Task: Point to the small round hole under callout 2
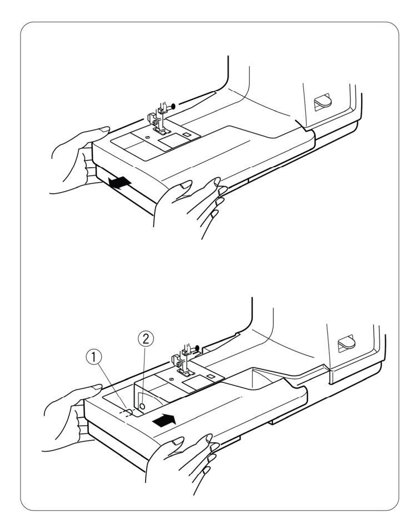pyautogui.click(x=142, y=407)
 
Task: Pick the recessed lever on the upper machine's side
pyautogui.click(x=320, y=101)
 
